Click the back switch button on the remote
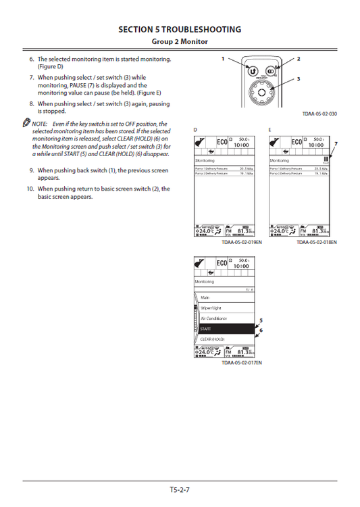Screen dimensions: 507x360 (251, 70)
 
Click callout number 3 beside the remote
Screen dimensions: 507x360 (299, 79)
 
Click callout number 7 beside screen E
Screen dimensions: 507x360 (335, 143)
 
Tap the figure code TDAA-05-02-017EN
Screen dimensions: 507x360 (241, 363)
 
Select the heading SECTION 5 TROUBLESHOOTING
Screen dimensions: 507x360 (180, 30)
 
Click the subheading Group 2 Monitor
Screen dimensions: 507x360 (180, 42)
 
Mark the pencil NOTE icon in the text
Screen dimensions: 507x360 (26, 124)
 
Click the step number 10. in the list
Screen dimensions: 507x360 (30, 189)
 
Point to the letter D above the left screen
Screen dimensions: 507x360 (195, 128)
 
